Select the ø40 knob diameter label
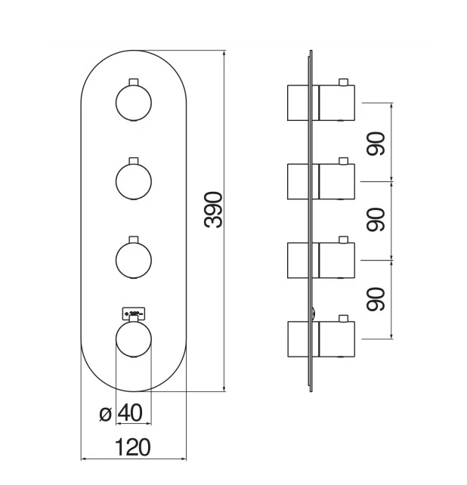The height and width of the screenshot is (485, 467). (122, 413)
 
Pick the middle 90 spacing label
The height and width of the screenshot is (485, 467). (376, 220)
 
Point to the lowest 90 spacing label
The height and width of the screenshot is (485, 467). (376, 298)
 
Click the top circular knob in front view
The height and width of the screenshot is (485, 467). (134, 102)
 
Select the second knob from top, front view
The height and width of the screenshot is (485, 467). (134, 181)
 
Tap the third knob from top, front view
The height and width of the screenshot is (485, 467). (134, 259)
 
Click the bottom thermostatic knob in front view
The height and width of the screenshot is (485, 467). (134, 338)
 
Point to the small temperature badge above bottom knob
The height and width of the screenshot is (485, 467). (133, 311)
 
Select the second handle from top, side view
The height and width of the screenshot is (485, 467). (320, 181)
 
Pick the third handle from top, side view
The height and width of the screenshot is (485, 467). (320, 260)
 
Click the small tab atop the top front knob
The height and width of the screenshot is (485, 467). (134, 81)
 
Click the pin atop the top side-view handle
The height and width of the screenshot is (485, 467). (345, 82)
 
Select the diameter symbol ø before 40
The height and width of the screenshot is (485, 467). (106, 414)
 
